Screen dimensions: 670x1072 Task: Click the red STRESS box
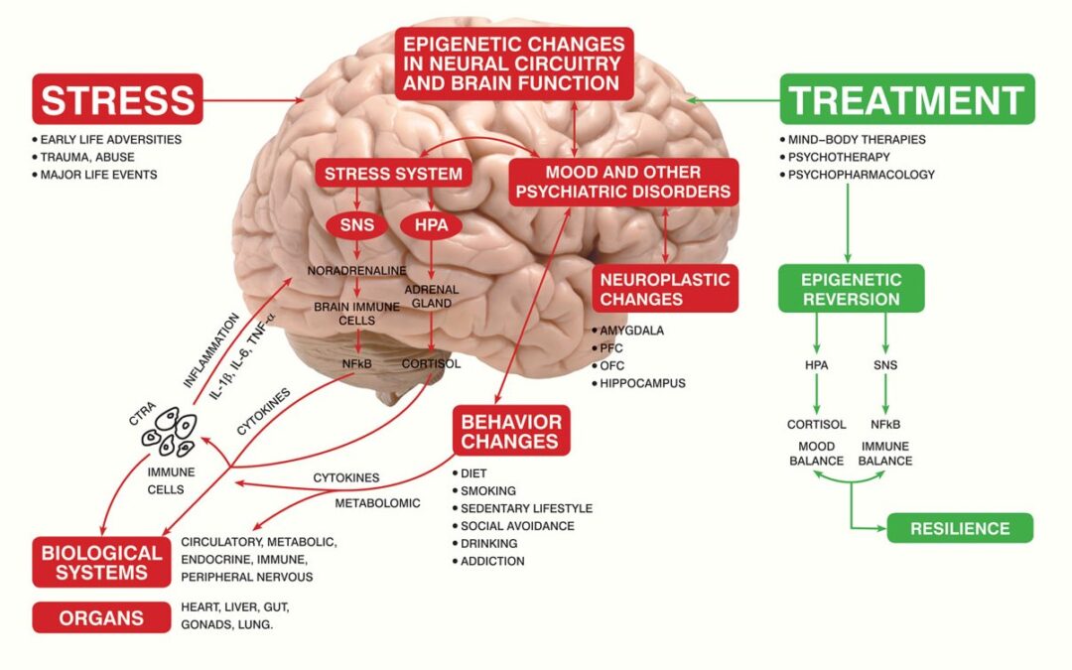117,99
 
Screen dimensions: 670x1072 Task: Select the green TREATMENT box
907,99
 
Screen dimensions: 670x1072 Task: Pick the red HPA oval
431,225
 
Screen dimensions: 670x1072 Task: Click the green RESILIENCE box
960,528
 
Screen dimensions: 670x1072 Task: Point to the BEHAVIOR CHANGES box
510,430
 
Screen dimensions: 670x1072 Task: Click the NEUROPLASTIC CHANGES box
664,288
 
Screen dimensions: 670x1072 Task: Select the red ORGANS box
100,617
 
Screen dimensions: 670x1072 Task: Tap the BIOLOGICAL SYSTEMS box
100,561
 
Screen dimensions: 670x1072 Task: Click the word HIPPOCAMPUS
643,383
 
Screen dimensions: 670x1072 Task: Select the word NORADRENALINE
356,269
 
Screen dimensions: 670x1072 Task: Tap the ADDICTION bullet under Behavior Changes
492,561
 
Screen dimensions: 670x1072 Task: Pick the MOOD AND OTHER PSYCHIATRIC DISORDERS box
624,182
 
